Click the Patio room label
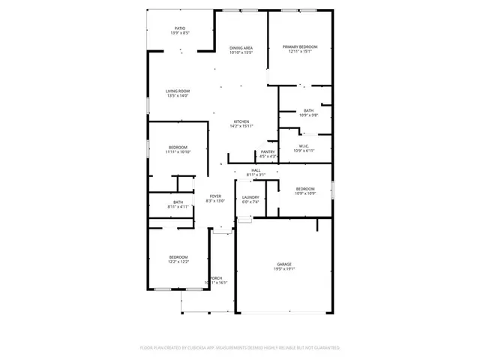click(x=180, y=28)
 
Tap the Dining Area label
click(x=241, y=48)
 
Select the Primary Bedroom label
click(x=300, y=47)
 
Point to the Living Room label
click(x=178, y=91)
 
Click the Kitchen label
click(x=241, y=121)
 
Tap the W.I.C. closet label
click(x=304, y=146)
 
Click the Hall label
click(x=256, y=170)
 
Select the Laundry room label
click(x=250, y=197)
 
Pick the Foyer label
click(x=215, y=196)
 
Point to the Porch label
click(x=216, y=278)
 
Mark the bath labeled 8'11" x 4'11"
click(x=178, y=203)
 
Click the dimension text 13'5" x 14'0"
click(x=178, y=95)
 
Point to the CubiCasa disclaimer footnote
click(x=240, y=348)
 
